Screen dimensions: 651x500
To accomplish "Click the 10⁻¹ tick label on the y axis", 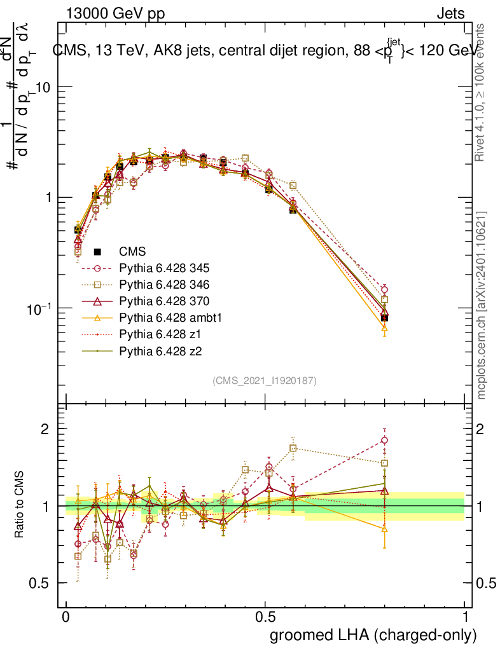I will [x=40, y=308].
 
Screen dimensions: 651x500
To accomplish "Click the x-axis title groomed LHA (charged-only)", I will [x=374, y=635].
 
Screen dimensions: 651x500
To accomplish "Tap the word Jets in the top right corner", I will [x=450, y=14].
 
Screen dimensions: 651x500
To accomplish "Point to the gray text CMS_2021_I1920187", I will [x=264, y=380].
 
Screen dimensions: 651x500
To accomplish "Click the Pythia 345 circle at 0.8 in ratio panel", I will [x=384, y=440].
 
